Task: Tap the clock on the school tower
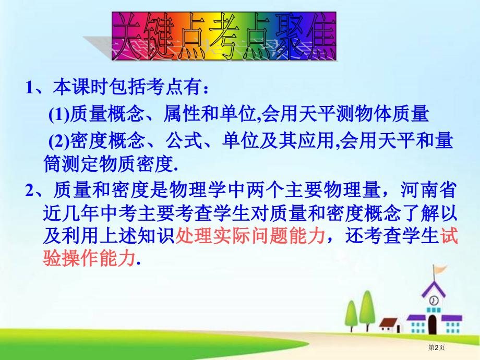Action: [x=434, y=301]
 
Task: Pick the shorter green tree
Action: [x=351, y=313]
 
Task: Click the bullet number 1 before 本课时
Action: [x=30, y=88]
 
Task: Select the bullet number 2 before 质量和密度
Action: [x=30, y=190]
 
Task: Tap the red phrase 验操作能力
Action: [x=88, y=258]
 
